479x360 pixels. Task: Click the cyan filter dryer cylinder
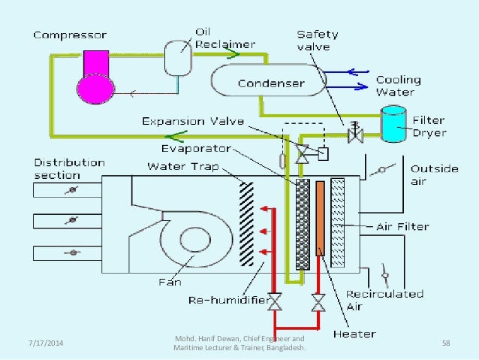click(x=391, y=124)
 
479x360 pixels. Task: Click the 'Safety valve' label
click(x=317, y=40)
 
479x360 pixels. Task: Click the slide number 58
click(x=446, y=343)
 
